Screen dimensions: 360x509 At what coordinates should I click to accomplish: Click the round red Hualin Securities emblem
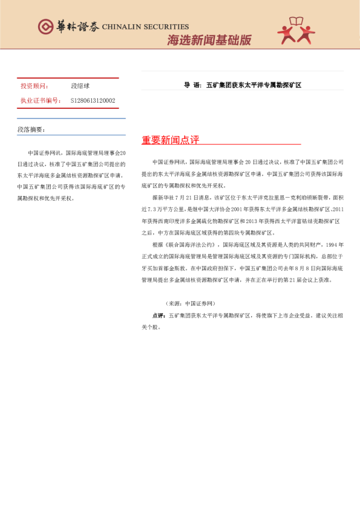click(45, 27)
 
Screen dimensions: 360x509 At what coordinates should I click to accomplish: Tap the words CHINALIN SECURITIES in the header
click(145, 27)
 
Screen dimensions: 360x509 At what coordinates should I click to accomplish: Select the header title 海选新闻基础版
click(209, 41)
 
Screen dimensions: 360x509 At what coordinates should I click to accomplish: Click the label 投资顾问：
click(35, 86)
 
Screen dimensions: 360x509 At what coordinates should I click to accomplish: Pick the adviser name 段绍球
click(80, 86)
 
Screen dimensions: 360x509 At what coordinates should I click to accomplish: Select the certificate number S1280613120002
click(93, 100)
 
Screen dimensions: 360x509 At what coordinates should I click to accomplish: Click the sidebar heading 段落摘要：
click(31, 129)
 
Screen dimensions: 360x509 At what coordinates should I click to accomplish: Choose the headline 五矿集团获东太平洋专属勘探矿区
click(254, 85)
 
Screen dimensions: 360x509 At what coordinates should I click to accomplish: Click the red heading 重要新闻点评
click(170, 140)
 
